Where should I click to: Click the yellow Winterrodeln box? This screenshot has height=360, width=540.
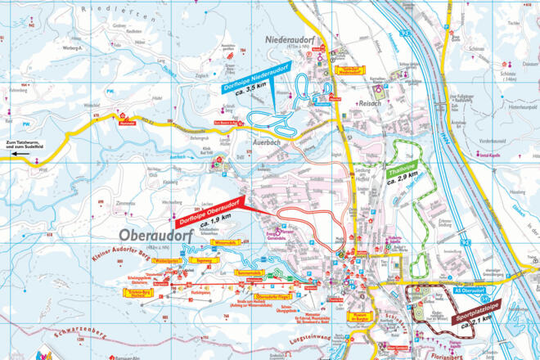[x=227, y=243]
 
